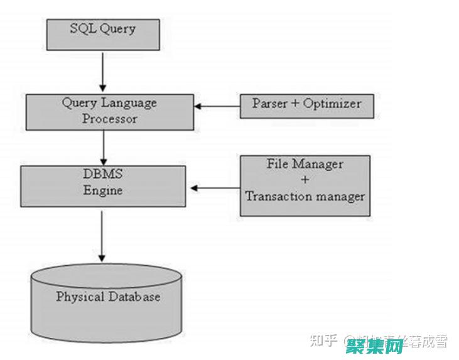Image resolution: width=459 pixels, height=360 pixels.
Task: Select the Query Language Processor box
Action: (x=109, y=111)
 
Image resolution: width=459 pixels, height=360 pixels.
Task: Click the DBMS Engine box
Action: (x=103, y=186)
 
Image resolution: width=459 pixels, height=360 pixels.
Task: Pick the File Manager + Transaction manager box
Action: (x=305, y=186)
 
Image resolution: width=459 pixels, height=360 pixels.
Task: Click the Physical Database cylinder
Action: (x=108, y=302)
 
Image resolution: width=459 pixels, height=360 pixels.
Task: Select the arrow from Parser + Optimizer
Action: (x=217, y=106)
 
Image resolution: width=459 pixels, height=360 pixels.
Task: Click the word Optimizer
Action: (x=332, y=104)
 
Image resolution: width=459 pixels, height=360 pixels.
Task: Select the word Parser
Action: (x=269, y=104)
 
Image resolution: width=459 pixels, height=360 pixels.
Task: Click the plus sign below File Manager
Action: (x=305, y=180)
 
